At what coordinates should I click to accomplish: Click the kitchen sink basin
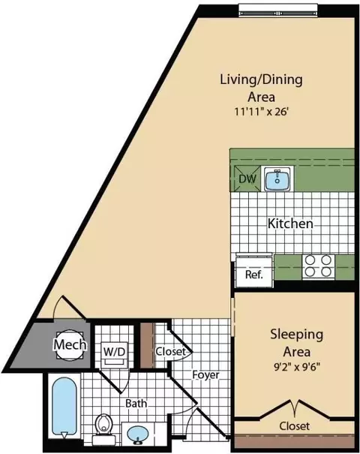277,179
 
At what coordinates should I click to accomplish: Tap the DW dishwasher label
247,179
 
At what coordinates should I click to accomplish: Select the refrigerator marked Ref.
254,271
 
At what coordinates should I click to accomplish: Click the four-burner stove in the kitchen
318,266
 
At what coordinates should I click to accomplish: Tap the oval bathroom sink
138,434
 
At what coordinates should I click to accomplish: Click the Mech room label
70,344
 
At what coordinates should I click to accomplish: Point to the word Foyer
205,375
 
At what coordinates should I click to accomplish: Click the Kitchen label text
290,224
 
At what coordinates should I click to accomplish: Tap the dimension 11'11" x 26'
261,112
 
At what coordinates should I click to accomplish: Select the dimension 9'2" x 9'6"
296,367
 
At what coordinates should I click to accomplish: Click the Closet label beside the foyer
170,351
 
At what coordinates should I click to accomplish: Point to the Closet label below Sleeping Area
294,426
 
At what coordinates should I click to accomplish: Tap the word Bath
136,403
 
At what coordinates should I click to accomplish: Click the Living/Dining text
261,80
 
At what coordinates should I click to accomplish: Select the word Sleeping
296,335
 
